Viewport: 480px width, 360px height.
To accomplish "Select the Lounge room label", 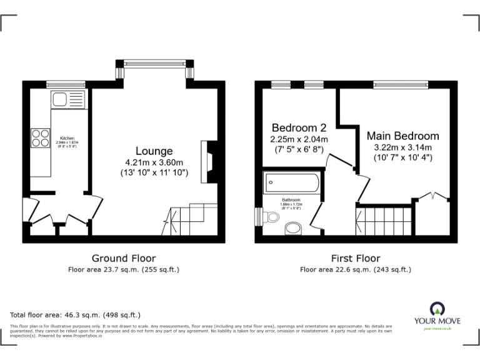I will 154,151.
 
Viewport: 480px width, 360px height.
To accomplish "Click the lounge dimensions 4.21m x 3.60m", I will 154,161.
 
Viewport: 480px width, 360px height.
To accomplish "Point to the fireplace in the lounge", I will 207,161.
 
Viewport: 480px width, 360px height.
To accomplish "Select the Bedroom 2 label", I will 299,127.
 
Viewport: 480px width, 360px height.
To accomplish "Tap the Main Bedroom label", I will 402,136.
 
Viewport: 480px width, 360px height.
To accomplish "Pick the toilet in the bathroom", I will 270,217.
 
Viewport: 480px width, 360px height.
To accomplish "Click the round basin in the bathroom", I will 292,228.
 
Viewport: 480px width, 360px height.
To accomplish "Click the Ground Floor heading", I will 124,258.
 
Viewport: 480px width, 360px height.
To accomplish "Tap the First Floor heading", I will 356,258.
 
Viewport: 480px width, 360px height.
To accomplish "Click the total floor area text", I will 76,315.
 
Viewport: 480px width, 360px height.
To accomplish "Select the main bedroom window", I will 400,84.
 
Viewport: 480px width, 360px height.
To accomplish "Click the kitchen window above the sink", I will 66,84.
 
